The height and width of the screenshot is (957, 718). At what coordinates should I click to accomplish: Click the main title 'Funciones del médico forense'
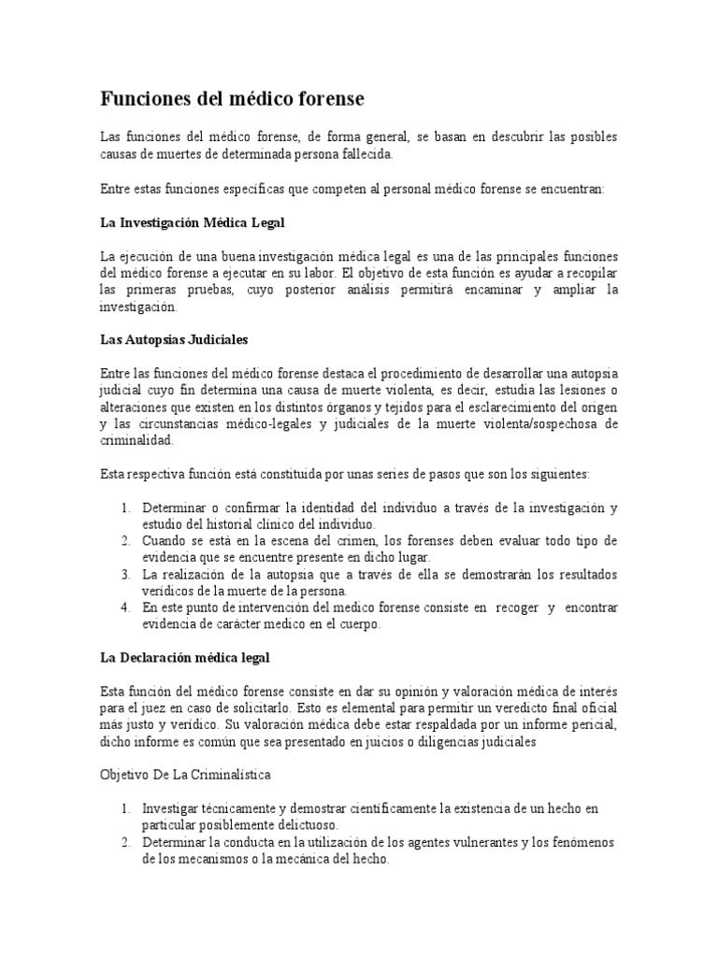232,98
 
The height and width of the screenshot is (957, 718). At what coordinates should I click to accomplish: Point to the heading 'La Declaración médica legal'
184,658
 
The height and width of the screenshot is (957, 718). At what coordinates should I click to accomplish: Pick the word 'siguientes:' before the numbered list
557,475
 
